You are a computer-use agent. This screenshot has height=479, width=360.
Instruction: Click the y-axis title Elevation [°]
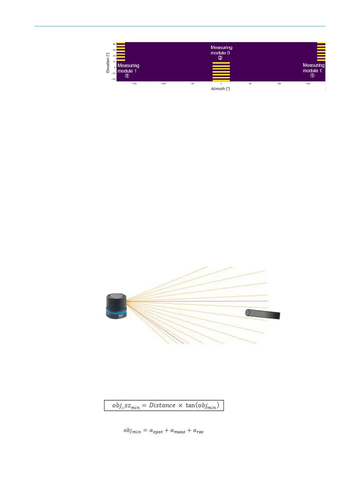[x=108, y=63]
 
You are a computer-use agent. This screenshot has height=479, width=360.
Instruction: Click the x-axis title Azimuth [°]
[x=220, y=89]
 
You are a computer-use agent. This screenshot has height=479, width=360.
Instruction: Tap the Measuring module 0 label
[x=221, y=50]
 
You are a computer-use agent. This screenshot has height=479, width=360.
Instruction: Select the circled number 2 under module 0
[x=220, y=58]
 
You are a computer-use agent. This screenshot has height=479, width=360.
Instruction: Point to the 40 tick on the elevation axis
[x=114, y=44]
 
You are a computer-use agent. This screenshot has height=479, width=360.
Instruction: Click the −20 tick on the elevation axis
[x=114, y=79]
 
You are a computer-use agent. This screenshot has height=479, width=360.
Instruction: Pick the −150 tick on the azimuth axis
[x=134, y=84]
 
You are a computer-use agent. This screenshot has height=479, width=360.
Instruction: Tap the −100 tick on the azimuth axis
[x=163, y=84]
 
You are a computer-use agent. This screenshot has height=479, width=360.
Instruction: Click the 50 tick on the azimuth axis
[x=250, y=84]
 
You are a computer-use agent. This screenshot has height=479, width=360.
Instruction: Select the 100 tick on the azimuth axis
[x=279, y=84]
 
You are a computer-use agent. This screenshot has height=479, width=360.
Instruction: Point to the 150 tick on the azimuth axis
[x=308, y=84]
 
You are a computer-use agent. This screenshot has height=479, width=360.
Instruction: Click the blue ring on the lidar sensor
[x=116, y=312]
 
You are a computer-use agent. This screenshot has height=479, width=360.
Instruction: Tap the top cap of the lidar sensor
[x=116, y=296]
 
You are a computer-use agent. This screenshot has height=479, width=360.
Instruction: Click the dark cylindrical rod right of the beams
[x=263, y=314]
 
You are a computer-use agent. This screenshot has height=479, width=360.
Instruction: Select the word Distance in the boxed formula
[x=162, y=406]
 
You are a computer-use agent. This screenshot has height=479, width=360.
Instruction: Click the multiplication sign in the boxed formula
[x=180, y=406]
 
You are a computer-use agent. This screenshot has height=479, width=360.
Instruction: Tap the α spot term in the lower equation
[x=156, y=431]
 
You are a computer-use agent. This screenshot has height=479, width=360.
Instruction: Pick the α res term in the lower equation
[x=198, y=431]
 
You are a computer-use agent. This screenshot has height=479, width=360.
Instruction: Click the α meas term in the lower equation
[x=177, y=431]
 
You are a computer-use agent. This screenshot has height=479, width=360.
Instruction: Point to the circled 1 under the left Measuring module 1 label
[x=127, y=76]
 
